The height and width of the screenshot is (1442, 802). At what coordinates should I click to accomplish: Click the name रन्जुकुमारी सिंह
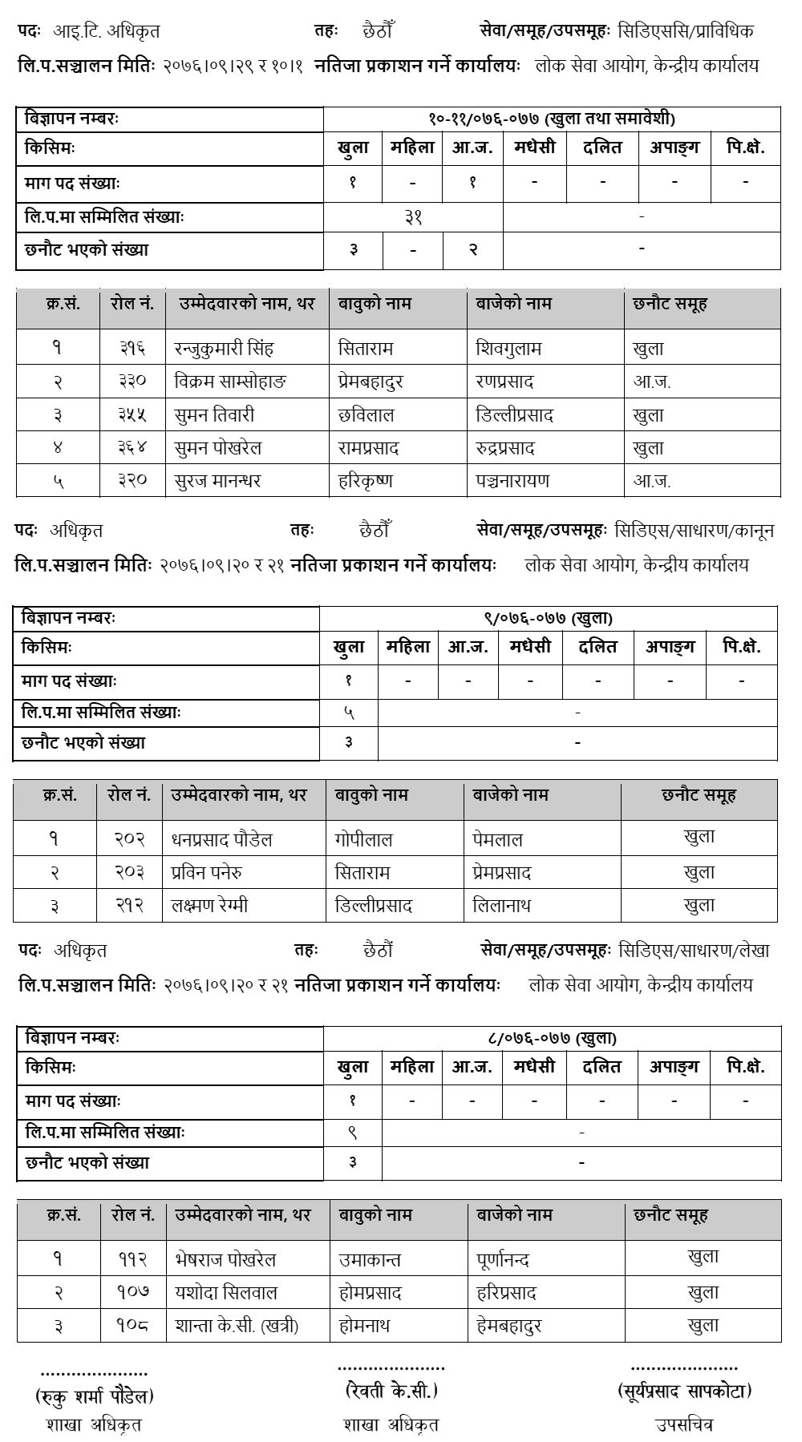[224, 349]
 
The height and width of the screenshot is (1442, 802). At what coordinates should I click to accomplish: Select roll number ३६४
[132, 448]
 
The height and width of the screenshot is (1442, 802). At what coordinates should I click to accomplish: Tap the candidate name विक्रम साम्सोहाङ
[230, 382]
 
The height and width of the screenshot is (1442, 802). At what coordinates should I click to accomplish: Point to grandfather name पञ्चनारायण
[513, 481]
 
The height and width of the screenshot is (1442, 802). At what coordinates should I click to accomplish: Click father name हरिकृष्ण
[366, 481]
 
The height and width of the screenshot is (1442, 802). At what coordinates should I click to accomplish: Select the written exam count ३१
[413, 216]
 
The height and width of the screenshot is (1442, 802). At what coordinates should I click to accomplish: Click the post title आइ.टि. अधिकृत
[107, 31]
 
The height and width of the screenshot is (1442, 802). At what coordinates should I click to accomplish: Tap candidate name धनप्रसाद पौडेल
[222, 840]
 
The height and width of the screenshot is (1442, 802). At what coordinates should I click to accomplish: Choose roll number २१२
[129, 906]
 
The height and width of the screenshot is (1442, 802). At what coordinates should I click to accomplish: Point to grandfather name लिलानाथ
[502, 906]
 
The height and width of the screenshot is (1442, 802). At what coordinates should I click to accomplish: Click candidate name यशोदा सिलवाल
[226, 1293]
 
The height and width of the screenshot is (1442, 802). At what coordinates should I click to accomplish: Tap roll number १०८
[132, 1326]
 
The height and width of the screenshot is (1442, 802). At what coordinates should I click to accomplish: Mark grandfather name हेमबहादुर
[509, 1326]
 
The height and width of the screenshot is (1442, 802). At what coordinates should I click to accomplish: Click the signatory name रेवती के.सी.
[391, 1391]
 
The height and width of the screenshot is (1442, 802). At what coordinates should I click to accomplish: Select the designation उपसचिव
[684, 1424]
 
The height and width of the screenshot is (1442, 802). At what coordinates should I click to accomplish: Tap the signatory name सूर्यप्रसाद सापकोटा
[684, 1391]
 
